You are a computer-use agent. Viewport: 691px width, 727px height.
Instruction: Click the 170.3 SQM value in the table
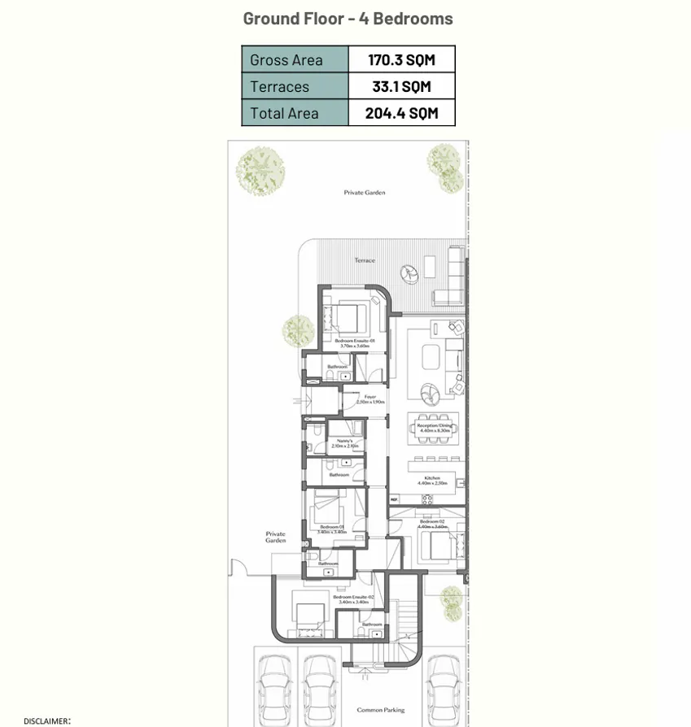401,60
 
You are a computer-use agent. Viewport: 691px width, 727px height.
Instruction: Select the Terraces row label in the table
279,87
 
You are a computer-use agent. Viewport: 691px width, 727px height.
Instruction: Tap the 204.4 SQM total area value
401,114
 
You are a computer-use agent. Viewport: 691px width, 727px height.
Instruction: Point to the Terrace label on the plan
365,260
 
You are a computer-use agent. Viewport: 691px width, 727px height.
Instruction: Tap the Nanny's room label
345,441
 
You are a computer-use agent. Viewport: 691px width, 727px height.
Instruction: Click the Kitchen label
432,477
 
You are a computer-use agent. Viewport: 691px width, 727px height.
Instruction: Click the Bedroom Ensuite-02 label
353,598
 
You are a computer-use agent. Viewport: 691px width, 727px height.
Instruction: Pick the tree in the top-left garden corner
260,168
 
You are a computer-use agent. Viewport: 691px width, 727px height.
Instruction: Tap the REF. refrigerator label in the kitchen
394,499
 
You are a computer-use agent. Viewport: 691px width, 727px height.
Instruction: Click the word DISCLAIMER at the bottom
46,721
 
